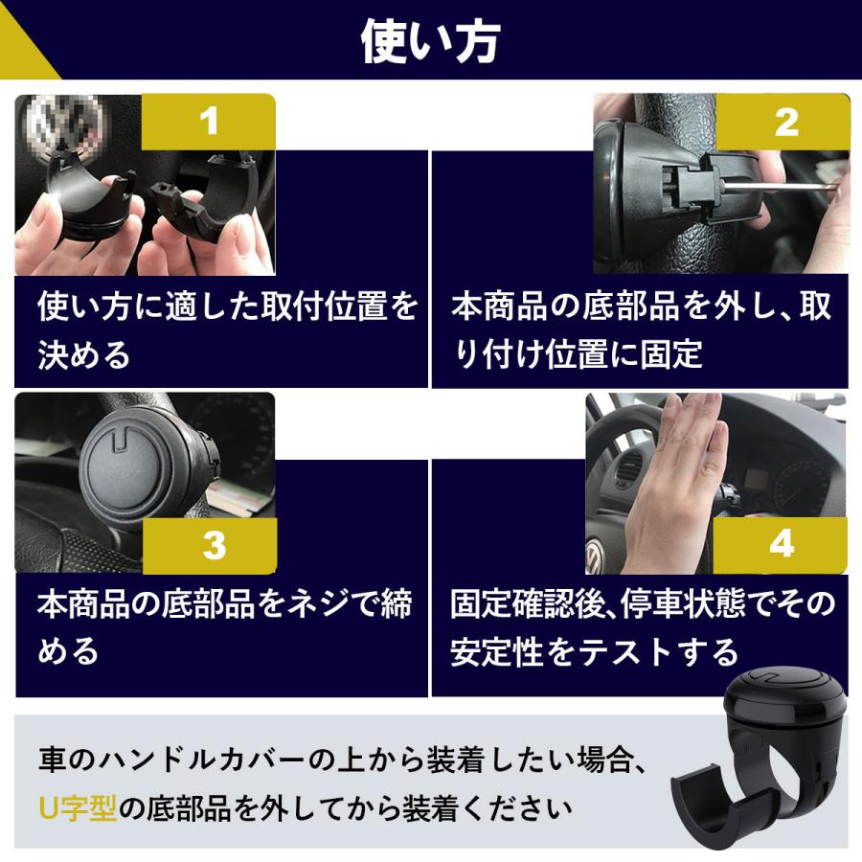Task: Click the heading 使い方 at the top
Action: tap(430, 41)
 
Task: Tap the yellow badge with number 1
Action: tap(209, 122)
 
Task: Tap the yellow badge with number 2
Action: tap(785, 122)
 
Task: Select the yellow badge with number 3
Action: tap(214, 545)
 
